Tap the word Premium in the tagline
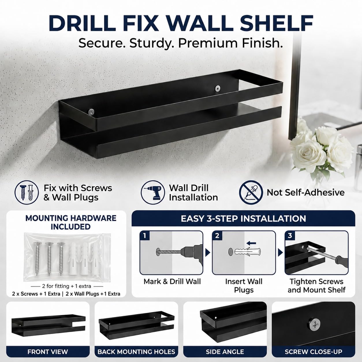207,43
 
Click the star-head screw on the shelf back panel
218,88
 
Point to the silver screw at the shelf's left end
92,112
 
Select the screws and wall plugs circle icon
27,193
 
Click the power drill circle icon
153,193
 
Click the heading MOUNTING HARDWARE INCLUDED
71,222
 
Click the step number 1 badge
145,236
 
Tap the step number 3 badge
290,236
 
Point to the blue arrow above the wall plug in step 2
251,243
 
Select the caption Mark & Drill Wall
172,281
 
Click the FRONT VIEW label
48,352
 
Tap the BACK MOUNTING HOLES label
136,352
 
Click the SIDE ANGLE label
225,352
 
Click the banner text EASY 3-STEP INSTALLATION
243,219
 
